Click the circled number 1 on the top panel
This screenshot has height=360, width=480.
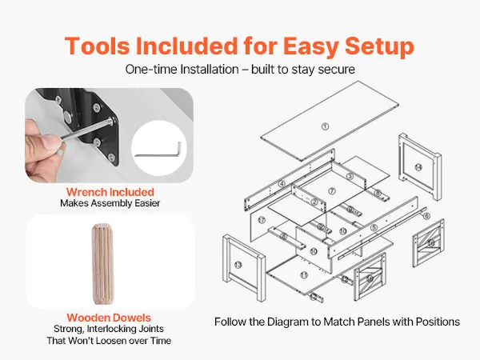pyautogui.click(x=325, y=126)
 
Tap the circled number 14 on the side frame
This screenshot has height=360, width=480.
pyautogui.click(x=418, y=167)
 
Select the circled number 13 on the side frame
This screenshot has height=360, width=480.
pyautogui.click(x=238, y=265)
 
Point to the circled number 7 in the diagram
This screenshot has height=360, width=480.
pyautogui.click(x=332, y=191)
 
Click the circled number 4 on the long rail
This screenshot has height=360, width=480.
pyautogui.click(x=282, y=184)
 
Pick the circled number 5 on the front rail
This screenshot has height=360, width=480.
pyautogui.click(x=374, y=228)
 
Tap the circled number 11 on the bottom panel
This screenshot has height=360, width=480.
pyautogui.click(x=304, y=275)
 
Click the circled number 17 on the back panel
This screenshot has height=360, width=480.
pyautogui.click(x=262, y=220)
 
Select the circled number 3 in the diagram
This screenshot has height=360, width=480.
pyautogui.click(x=350, y=176)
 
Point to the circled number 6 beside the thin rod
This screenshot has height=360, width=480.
pyautogui.click(x=426, y=216)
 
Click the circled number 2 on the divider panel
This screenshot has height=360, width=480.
pyautogui.click(x=314, y=202)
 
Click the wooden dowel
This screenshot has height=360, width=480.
pyautogui.click(x=102, y=264)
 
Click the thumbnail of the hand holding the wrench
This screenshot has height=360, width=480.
pyautogui.click(x=109, y=135)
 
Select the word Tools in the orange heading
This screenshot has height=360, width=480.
pyautogui.click(x=97, y=46)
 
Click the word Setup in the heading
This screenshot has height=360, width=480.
pyautogui.click(x=379, y=46)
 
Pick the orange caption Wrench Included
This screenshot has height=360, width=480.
pyautogui.click(x=110, y=192)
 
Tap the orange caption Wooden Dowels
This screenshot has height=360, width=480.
pyautogui.click(x=109, y=318)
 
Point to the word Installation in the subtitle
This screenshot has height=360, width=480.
pyautogui.click(x=210, y=69)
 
